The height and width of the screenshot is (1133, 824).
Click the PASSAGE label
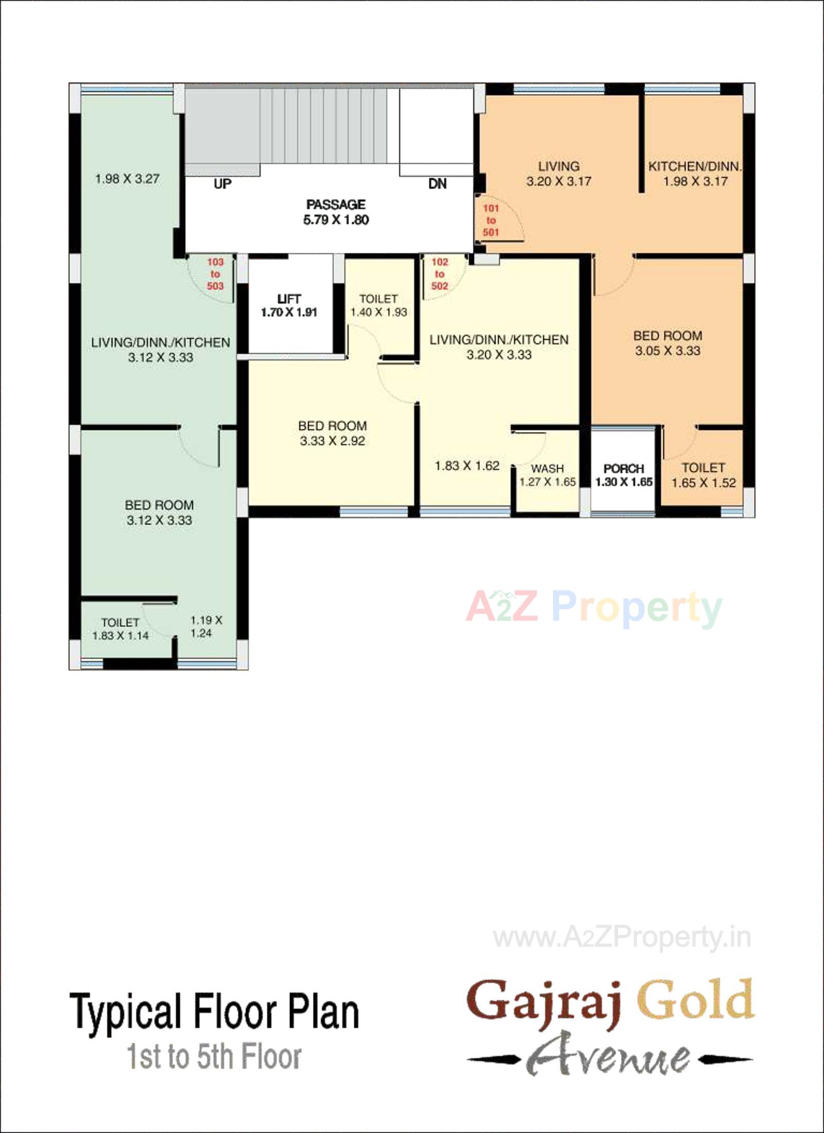pos(336,204)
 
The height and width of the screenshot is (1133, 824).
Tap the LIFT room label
pos(289,299)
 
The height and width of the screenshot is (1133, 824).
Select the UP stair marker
pos(222,184)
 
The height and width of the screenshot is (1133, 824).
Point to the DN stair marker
pos(437,184)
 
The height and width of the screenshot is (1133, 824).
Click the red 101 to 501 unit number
pos(491,220)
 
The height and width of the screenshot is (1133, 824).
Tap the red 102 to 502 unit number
pos(439,274)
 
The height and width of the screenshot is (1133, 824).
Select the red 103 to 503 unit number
pos(215,274)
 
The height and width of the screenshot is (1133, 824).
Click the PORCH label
pos(624,468)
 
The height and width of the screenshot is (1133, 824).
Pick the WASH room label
pos(547,468)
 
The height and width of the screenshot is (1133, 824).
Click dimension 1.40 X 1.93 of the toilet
pos(379,312)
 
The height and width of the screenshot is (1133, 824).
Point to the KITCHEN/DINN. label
pos(695,166)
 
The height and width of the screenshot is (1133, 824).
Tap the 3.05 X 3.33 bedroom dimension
pos(667,351)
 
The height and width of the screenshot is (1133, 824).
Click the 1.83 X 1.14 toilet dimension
pos(121,636)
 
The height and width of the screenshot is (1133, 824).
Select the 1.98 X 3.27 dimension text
pos(127,179)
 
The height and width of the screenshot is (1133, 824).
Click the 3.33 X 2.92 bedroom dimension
pos(332,441)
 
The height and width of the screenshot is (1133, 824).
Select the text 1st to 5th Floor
pos(214,1057)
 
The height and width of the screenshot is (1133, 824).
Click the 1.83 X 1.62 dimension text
pos(467,466)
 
